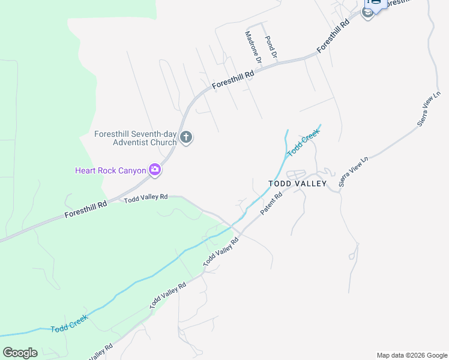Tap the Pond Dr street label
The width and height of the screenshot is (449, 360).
[271, 46]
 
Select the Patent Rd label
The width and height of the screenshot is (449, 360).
[271, 204]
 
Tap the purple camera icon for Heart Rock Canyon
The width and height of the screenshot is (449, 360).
[155, 170]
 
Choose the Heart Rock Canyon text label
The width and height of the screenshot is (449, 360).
[110, 170]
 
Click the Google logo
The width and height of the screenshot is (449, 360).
[20, 352]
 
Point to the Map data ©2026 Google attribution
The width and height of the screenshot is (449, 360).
[412, 355]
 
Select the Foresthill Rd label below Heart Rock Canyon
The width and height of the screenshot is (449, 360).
[86, 208]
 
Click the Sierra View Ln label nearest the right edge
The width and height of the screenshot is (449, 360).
[429, 108]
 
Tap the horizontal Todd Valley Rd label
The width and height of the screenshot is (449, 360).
[146, 199]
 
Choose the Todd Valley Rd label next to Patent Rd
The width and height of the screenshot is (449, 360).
[221, 251]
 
